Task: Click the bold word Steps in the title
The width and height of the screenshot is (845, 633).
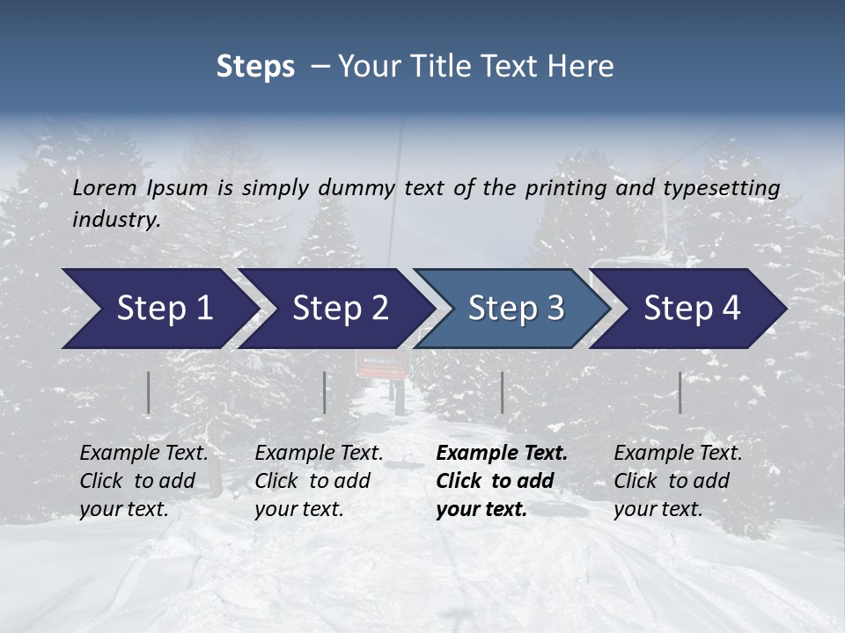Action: [255, 67]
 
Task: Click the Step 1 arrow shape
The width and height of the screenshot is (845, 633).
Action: [158, 309]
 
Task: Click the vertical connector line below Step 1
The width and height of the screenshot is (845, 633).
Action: [149, 392]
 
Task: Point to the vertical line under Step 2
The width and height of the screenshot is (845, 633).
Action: [325, 392]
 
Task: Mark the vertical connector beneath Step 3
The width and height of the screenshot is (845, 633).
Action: [502, 392]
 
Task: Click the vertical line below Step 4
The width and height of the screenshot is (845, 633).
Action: [680, 392]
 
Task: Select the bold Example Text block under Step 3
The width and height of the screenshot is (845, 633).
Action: [502, 481]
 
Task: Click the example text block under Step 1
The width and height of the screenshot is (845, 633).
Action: [143, 481]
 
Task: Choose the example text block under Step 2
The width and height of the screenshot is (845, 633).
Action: [319, 481]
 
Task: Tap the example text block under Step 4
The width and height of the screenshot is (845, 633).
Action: [678, 481]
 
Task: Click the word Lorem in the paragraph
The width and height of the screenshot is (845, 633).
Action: [105, 188]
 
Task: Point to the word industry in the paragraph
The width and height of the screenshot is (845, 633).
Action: [115, 220]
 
